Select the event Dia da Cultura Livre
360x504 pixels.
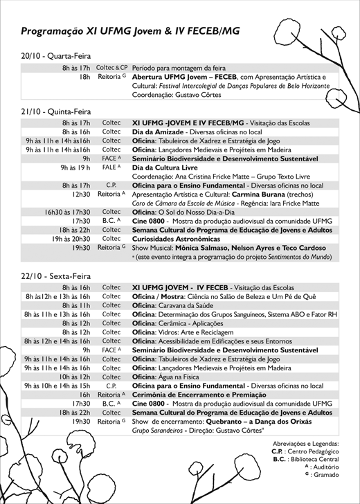165,167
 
